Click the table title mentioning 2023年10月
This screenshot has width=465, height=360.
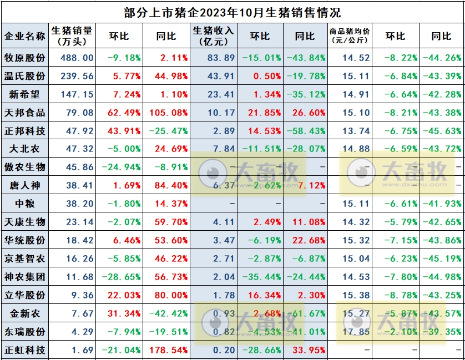(232, 12)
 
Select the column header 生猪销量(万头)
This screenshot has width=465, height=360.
(72, 36)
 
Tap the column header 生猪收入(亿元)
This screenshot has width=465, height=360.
(213, 36)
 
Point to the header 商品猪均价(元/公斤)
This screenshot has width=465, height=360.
(350, 36)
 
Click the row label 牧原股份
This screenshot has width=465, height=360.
(24, 58)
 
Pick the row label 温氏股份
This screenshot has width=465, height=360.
(24, 76)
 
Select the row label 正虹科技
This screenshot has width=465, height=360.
(24, 351)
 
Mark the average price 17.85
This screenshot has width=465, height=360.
(356, 332)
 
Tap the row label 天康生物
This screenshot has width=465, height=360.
(24, 222)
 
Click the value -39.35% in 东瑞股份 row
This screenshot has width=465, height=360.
(442, 332)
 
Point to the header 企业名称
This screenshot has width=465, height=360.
(24, 36)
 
